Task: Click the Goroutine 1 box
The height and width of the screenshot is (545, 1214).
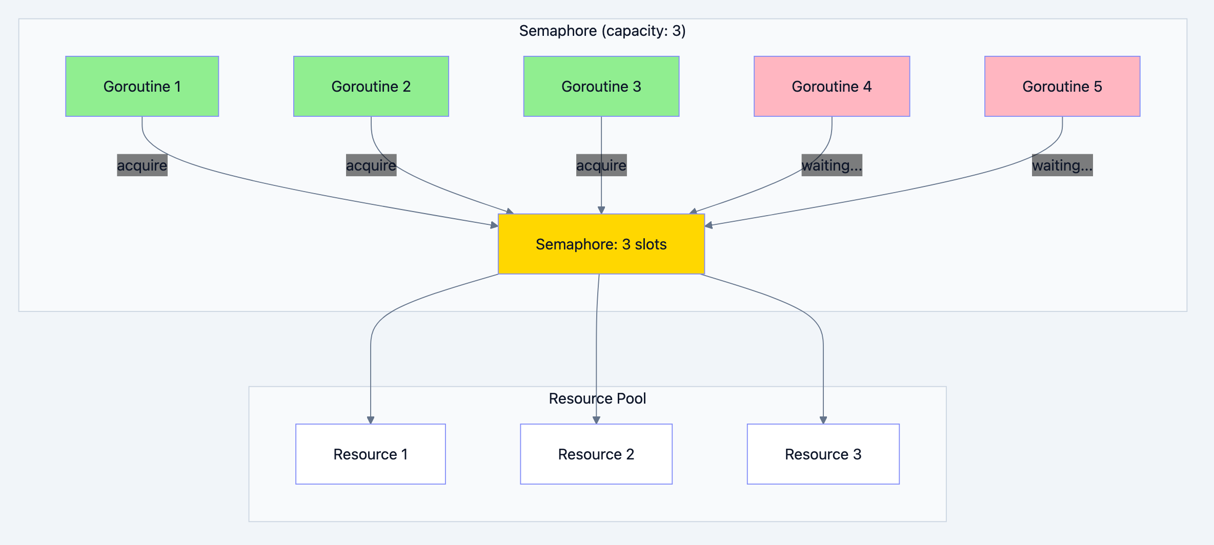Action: [x=142, y=87]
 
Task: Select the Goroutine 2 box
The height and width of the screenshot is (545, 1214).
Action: [x=371, y=87]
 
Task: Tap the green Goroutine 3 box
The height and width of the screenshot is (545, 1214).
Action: [x=601, y=87]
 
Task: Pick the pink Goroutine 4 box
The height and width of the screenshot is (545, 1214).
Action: [x=831, y=87]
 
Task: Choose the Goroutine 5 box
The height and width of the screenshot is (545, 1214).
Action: [x=1062, y=87]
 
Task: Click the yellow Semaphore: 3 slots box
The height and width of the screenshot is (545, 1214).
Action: [x=601, y=244]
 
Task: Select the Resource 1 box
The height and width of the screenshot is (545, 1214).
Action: [x=370, y=454]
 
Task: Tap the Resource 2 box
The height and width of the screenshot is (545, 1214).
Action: [x=596, y=454]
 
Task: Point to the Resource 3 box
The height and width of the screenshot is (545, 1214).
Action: [x=823, y=454]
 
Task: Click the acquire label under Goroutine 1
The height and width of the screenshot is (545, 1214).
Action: [x=142, y=165]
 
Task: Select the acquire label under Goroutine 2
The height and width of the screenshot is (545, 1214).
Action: [x=371, y=165]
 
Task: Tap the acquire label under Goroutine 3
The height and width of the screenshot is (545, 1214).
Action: [x=601, y=165]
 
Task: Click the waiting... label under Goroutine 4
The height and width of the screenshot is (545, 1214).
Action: [x=831, y=165]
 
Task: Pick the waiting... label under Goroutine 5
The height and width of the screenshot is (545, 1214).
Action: [x=1062, y=165]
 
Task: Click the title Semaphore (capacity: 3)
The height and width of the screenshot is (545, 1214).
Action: [x=602, y=31]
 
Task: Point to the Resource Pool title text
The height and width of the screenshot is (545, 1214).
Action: [x=597, y=399]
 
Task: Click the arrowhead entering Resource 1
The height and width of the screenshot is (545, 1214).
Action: [x=370, y=421]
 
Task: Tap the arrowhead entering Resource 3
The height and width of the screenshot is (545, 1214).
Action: [x=823, y=421]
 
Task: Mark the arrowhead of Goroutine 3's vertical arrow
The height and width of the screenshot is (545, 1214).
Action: [x=601, y=211]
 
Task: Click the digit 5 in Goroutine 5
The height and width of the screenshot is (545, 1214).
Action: [x=1098, y=87]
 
